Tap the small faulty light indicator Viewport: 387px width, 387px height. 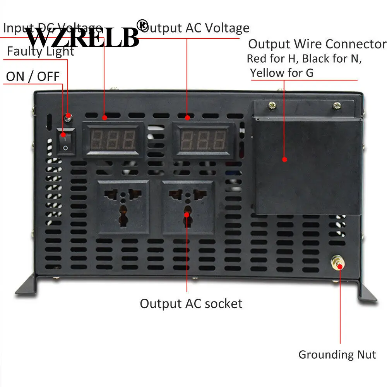(68, 116)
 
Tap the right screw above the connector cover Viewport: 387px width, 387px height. (337, 104)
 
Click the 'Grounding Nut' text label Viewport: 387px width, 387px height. (337, 354)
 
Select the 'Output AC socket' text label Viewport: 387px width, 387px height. (191, 303)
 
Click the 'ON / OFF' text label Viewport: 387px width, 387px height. (33, 76)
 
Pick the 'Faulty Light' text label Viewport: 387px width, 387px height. (41, 51)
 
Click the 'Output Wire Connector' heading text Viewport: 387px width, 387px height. (317, 44)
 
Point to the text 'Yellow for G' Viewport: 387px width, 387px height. (282, 72)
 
